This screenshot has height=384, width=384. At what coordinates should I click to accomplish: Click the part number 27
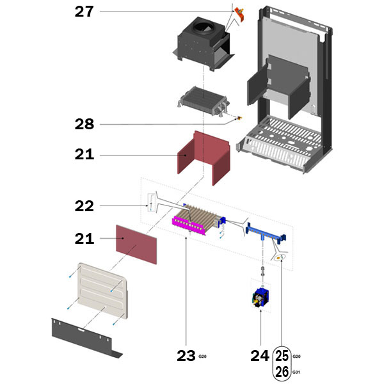click(84, 12)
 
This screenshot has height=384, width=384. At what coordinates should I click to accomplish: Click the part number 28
click(84, 124)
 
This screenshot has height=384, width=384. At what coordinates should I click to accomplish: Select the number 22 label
click(84, 206)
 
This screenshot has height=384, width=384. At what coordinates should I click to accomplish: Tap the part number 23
click(186, 356)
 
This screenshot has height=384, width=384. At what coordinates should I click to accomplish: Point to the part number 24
click(260, 356)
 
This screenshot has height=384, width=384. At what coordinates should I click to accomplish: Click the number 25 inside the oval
click(282, 356)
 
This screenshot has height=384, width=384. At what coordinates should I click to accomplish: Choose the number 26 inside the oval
click(282, 372)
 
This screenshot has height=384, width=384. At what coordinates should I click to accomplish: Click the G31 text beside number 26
click(296, 372)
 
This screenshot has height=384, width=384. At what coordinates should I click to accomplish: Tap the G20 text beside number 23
click(202, 356)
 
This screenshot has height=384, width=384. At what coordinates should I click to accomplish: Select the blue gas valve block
click(260, 298)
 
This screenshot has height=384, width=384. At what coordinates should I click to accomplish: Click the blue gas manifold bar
click(266, 234)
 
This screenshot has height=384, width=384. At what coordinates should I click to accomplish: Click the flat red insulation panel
click(136, 244)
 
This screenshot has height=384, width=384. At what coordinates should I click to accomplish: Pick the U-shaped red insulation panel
click(204, 158)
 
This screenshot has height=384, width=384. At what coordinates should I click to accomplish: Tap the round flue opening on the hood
click(202, 28)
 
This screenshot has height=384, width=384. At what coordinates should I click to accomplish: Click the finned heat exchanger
click(204, 101)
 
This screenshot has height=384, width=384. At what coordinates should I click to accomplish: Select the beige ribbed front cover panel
click(103, 291)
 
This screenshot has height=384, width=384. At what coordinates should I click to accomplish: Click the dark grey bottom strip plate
click(86, 338)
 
